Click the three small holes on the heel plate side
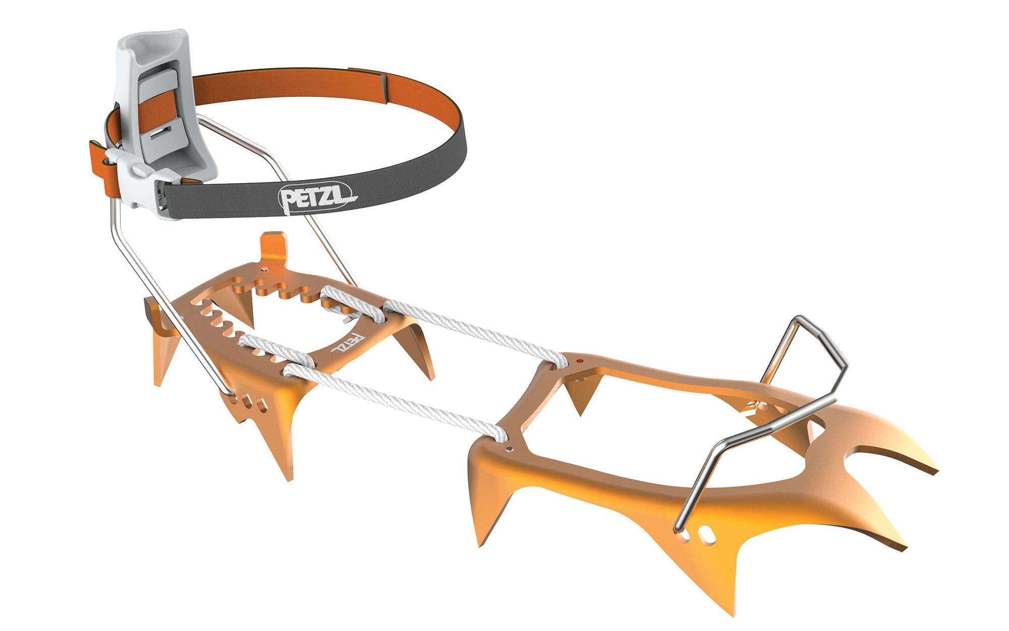pos(250,401)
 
